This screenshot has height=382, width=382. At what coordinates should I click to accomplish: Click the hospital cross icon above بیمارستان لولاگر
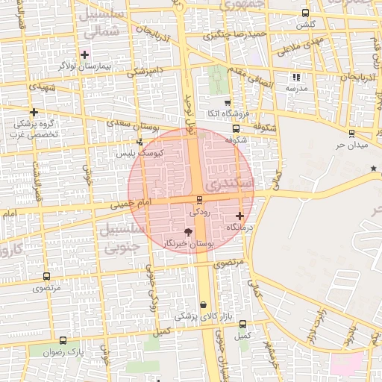click(x=85, y=54)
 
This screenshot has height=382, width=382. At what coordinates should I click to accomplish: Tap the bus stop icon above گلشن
click(x=305, y=13)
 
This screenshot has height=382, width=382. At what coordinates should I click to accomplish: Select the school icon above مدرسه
click(x=296, y=76)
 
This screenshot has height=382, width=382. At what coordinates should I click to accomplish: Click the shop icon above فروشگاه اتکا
click(x=228, y=102)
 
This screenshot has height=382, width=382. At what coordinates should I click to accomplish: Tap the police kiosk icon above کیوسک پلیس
click(x=140, y=142)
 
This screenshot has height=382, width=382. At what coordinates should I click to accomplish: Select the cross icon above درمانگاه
click(x=239, y=216)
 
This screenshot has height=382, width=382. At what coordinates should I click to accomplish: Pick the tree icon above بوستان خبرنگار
click(x=187, y=233)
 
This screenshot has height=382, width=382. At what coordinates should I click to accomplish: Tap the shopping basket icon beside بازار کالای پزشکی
click(x=204, y=304)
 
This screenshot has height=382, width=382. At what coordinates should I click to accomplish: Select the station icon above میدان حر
click(x=351, y=134)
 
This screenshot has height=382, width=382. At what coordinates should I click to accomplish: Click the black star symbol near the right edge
click(x=374, y=169)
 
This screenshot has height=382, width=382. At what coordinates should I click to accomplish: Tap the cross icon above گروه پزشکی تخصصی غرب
click(x=34, y=112)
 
